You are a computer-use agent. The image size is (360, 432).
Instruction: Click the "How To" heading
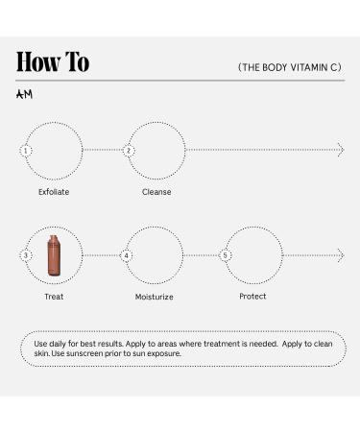[53, 62]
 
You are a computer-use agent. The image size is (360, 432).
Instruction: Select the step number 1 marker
[26, 151]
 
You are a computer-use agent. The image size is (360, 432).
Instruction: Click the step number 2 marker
[129, 151]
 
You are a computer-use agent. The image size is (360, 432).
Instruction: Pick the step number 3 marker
[26, 256]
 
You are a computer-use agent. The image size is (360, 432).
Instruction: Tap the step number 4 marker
[127, 256]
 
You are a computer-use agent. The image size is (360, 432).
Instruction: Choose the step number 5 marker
[226, 256]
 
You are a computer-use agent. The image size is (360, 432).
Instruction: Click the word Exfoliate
[54, 192]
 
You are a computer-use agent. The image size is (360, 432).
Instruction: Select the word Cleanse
[156, 192]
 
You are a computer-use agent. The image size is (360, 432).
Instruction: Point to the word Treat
[54, 297]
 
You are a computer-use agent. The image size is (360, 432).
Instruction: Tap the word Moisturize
[154, 297]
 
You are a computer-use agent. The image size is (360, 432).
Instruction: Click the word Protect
[252, 297]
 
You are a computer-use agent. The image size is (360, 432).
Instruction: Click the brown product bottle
[55, 255]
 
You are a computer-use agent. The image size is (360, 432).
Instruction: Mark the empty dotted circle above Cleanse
[156, 151]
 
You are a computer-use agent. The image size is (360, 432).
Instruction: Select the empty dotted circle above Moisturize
[154, 256]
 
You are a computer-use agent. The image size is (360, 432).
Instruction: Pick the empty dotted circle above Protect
[253, 256]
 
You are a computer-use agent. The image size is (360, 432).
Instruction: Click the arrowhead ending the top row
[340, 151]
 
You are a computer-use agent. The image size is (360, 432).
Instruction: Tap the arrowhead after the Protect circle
[340, 256]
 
